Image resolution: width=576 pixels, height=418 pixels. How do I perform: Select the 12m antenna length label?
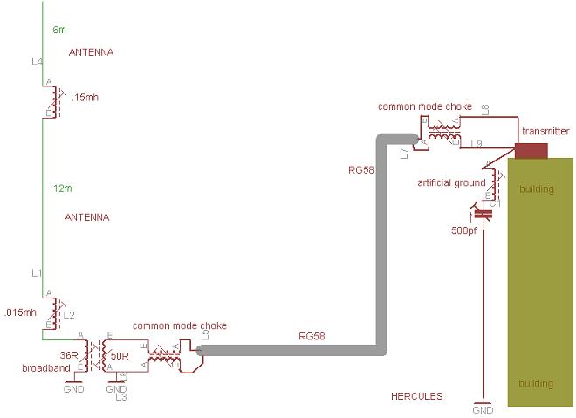[x=61, y=188]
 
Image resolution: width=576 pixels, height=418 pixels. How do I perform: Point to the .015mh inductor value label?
[x=20, y=312]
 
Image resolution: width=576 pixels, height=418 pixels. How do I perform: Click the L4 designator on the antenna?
[x=36, y=62]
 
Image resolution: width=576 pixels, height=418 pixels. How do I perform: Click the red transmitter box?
[x=531, y=150]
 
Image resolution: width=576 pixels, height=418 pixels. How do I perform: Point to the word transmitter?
[x=545, y=131]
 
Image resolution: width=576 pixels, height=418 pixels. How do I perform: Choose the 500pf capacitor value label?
[x=463, y=230]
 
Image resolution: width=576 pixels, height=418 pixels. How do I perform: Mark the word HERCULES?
[x=416, y=396]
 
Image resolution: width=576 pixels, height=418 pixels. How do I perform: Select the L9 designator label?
[x=477, y=142]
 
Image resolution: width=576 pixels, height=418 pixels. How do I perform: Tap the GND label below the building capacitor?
[x=482, y=410]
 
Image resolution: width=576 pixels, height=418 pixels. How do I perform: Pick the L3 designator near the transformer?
[x=121, y=397]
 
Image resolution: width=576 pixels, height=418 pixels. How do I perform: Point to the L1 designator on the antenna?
[x=37, y=274]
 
